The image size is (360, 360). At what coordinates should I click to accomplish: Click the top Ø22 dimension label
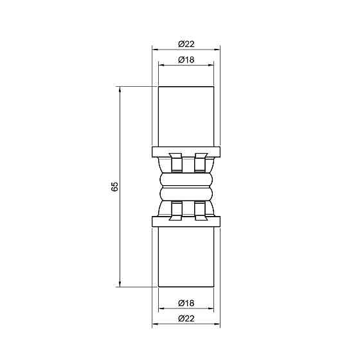point(186,43)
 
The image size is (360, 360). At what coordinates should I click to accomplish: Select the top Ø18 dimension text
point(186,60)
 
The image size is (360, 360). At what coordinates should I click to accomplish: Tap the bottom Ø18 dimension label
point(186,303)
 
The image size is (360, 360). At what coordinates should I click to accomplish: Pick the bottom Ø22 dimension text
point(186,319)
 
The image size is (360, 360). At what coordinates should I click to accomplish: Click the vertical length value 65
point(114,186)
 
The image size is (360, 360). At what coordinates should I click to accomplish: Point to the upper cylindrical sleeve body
point(186,116)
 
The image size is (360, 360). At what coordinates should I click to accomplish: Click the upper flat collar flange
point(186,152)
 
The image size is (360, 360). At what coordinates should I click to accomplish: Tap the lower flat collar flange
point(186,222)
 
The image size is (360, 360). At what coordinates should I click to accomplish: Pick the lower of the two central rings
point(186,194)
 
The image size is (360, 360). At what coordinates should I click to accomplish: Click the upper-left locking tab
point(173,163)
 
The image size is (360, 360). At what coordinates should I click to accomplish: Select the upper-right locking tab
point(199,163)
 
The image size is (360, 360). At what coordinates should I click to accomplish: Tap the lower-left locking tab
point(173,210)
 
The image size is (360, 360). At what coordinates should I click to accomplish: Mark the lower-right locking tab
point(199,210)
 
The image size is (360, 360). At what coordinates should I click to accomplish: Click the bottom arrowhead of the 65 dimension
point(120,283)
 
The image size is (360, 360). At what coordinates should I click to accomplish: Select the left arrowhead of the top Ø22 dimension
point(155,49)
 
